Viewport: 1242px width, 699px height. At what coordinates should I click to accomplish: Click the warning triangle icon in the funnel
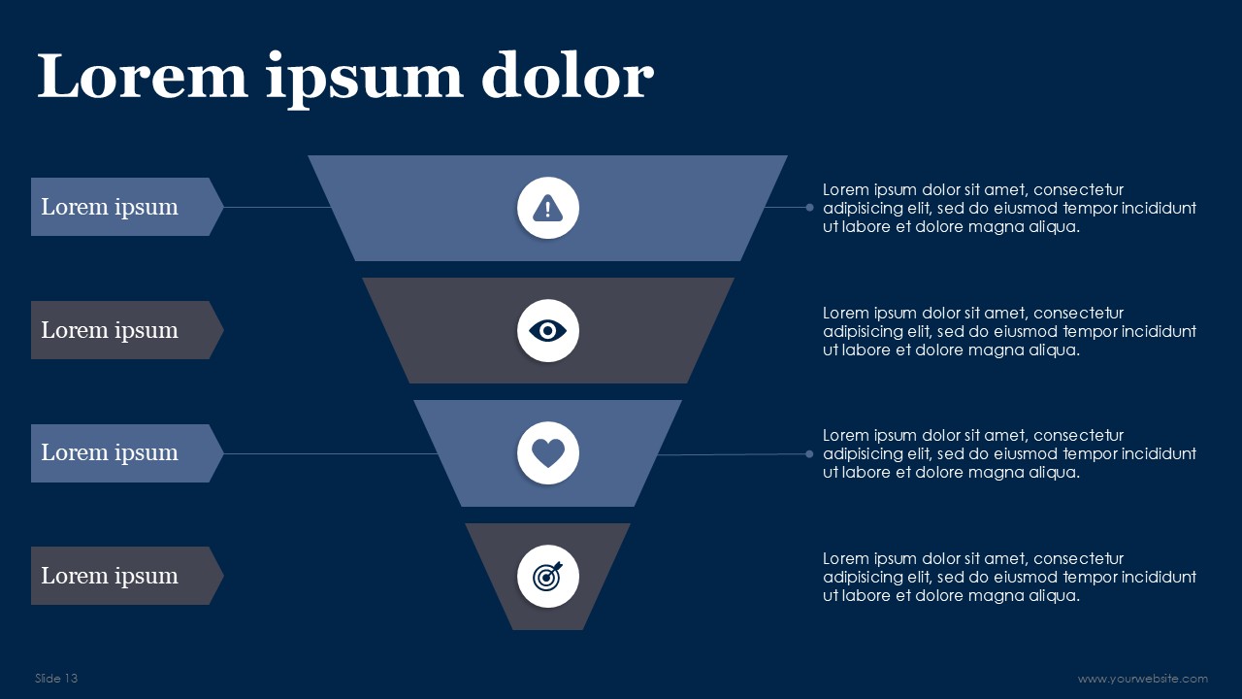pyautogui.click(x=548, y=208)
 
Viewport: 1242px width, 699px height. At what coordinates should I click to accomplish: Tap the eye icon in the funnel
pyautogui.click(x=548, y=331)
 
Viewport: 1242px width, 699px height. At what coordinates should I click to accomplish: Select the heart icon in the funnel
pyautogui.click(x=548, y=453)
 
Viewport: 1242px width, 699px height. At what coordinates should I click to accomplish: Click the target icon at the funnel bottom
pyautogui.click(x=548, y=577)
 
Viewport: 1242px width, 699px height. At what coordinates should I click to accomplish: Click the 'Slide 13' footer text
pyautogui.click(x=56, y=679)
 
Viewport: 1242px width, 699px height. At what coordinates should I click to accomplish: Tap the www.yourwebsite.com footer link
pyautogui.click(x=1142, y=679)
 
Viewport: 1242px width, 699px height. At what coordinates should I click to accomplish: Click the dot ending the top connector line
pyautogui.click(x=809, y=207)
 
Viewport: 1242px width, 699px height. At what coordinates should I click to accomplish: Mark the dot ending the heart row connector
pyautogui.click(x=809, y=453)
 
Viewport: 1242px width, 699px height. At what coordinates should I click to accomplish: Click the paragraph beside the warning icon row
pyautogui.click(x=1009, y=208)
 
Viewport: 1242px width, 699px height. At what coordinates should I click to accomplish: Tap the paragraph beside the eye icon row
pyautogui.click(x=1009, y=331)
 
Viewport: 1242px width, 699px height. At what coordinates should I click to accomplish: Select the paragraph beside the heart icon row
pyautogui.click(x=1009, y=453)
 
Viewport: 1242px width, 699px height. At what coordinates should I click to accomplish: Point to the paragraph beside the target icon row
pyautogui.click(x=1009, y=577)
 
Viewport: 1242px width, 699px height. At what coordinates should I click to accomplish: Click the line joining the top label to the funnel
pyautogui.click(x=277, y=207)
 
